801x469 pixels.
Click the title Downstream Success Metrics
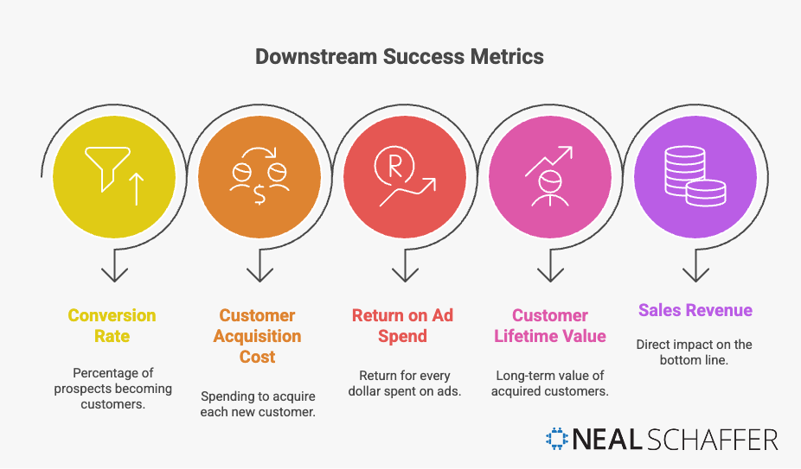pyautogui.click(x=400, y=57)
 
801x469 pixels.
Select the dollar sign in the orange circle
pyautogui.click(x=259, y=194)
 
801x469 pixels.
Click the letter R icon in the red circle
pyautogui.click(x=394, y=167)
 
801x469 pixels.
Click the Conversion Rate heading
pyautogui.click(x=112, y=326)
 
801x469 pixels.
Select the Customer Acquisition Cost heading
pyautogui.click(x=257, y=336)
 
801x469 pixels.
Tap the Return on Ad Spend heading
pyautogui.click(x=402, y=326)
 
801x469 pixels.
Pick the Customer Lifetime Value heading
pyautogui.click(x=549, y=326)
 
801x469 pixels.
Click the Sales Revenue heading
pyautogui.click(x=695, y=310)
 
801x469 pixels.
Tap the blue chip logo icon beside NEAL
pyautogui.click(x=558, y=439)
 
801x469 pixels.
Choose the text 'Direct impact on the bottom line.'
pyautogui.click(x=695, y=352)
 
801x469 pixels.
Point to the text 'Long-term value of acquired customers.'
pyautogui.click(x=549, y=383)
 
